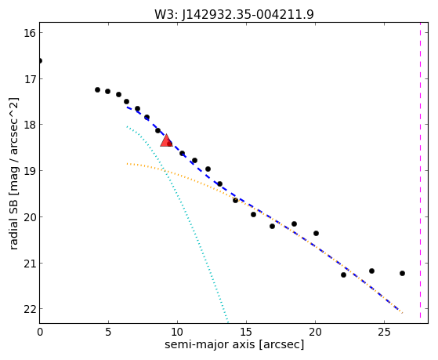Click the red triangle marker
pos(166,140)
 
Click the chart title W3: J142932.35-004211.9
pos(234,14)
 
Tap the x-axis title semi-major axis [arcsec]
pos(234,344)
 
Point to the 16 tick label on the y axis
pos(30,33)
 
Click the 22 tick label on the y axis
pos(30,309)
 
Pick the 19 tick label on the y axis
pos(30,171)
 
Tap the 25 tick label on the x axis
pos(385,332)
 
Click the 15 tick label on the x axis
pos(246,332)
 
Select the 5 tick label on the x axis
pos(108,332)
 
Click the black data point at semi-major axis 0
pos(40,60)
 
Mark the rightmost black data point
pos(402,273)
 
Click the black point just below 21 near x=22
pos(344,275)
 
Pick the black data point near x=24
pos(372,271)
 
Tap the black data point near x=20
pos(317,233)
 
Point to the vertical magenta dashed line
pos(421,173)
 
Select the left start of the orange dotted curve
pos(127,164)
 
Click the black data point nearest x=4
pos(97,89)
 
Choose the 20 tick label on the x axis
pos(315,332)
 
